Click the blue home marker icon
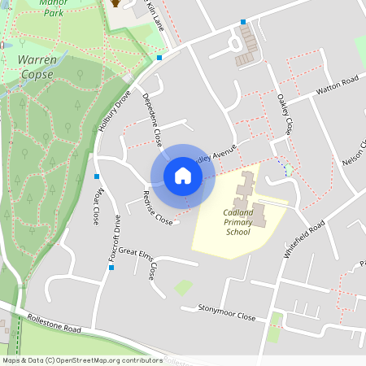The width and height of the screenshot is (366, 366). pyautogui.click(x=183, y=175)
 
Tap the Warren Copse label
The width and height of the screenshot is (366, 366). pyautogui.click(x=37, y=68)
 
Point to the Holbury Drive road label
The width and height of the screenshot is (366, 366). pyautogui.click(x=115, y=113)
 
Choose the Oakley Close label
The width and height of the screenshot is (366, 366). pyautogui.click(x=285, y=114)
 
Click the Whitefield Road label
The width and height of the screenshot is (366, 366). pyautogui.click(x=303, y=240)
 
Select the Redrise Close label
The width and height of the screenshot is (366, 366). pyautogui.click(x=158, y=208)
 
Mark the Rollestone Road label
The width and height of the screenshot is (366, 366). pyautogui.click(x=54, y=324)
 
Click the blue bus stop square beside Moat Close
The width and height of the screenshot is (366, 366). pyautogui.click(x=97, y=176)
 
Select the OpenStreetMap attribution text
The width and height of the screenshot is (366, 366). pyautogui.click(x=82, y=359)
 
